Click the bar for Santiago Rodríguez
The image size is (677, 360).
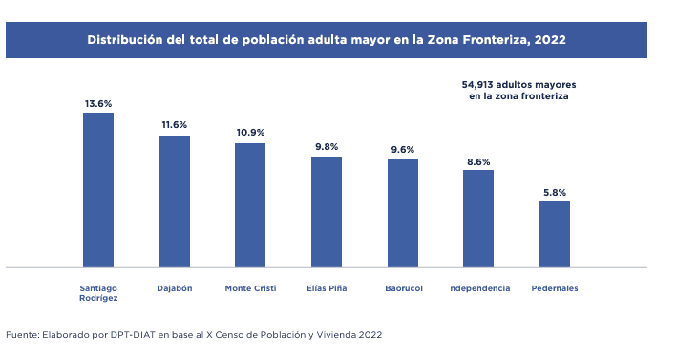point(98,190)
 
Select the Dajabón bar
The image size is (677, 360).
point(174,201)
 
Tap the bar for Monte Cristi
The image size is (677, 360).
point(250,205)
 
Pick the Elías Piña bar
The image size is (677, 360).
point(327,212)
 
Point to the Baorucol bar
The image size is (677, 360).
point(403,213)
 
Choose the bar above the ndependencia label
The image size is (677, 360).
point(478,219)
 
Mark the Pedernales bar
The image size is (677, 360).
point(555,234)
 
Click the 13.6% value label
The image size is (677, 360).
point(98,103)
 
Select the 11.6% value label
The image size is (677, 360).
point(174,125)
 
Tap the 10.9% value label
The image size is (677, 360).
point(250,132)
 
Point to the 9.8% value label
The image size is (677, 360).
point(327,146)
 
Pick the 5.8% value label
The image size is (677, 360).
point(555,191)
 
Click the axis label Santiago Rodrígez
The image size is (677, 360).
point(98,293)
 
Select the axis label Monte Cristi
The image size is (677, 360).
point(250,288)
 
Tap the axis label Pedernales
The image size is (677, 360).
point(555,288)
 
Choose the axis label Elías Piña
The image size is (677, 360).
point(327,288)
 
